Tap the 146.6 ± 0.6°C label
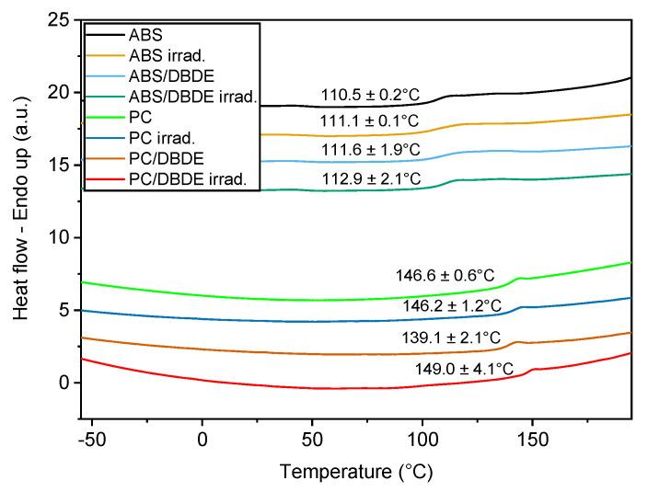pos(445,274)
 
